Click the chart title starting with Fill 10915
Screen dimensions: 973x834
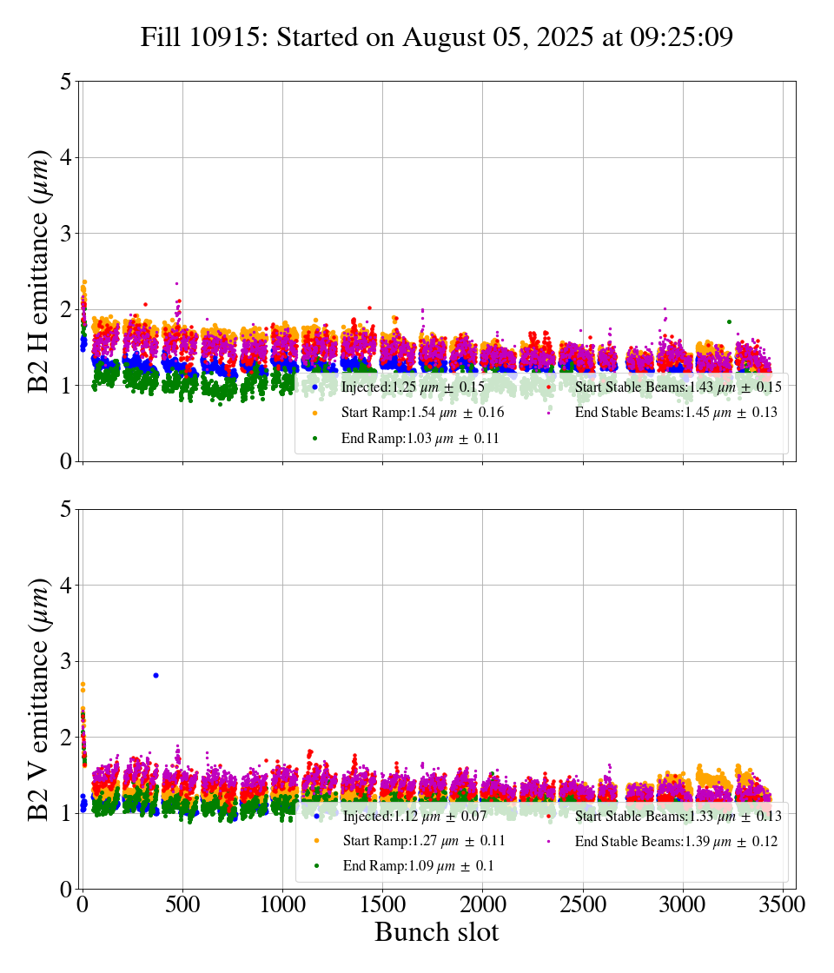click(x=436, y=37)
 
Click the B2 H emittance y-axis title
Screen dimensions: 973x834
click(x=39, y=271)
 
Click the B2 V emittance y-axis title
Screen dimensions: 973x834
click(x=39, y=699)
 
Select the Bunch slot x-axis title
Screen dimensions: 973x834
click(x=436, y=932)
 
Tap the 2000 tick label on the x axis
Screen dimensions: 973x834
click(x=482, y=903)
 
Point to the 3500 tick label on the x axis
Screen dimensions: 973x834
click(x=782, y=903)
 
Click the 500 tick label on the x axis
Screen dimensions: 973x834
click(x=182, y=903)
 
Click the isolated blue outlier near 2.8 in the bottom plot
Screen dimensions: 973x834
click(x=156, y=675)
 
